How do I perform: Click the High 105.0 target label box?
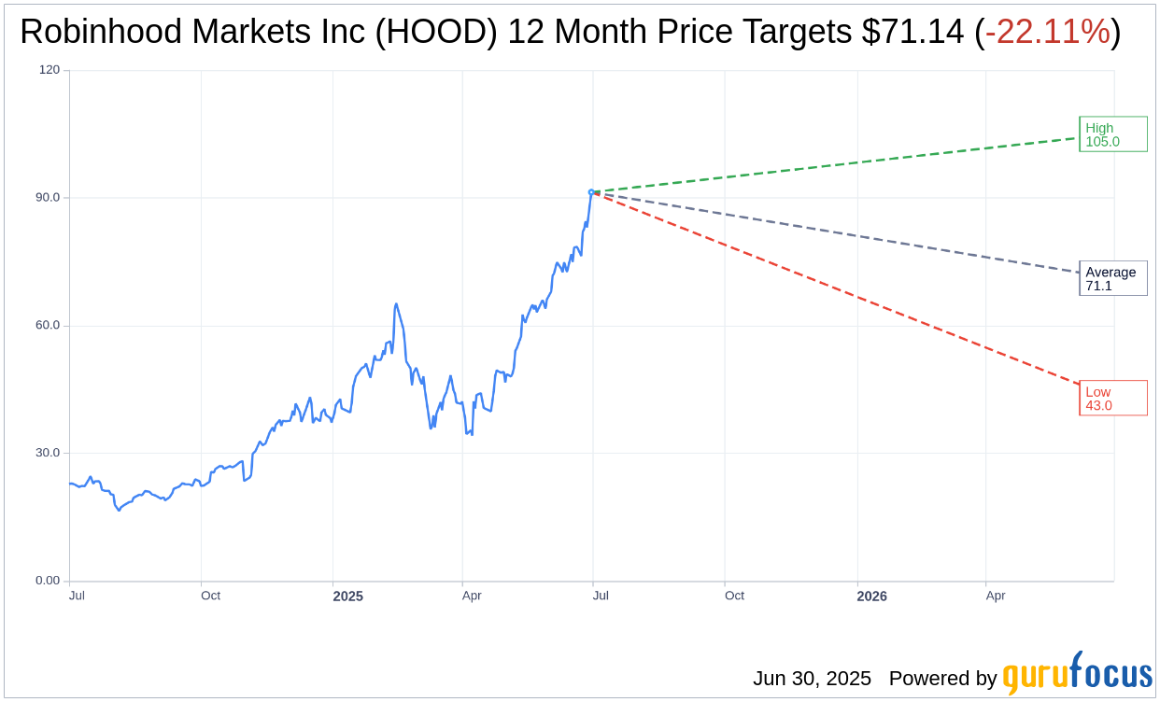click(1112, 134)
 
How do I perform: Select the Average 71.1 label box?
click(1112, 278)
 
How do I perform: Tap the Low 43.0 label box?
click(1112, 398)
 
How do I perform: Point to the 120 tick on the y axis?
click(49, 70)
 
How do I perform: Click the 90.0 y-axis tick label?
click(47, 198)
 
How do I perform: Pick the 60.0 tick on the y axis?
click(47, 326)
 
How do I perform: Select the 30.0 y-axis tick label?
click(47, 453)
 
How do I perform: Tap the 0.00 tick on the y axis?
click(47, 581)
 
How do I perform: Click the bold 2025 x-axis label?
click(347, 596)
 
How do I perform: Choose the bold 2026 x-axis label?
click(871, 596)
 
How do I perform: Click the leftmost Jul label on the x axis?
click(78, 596)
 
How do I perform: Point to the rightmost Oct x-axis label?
click(734, 596)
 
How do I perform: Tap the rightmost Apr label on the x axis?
click(996, 596)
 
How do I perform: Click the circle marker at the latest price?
click(591, 192)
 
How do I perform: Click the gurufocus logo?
click(1077, 674)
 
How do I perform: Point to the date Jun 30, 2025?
click(812, 679)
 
